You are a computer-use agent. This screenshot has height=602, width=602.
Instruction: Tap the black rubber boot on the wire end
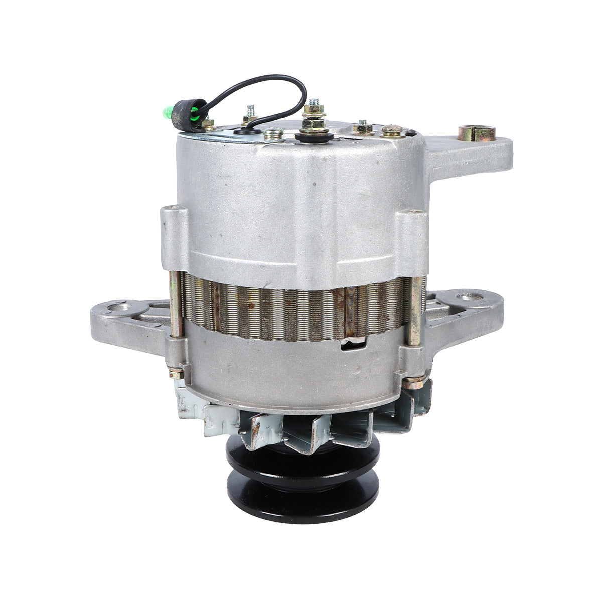click(x=184, y=115)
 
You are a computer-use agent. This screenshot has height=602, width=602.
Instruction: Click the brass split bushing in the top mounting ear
click(x=476, y=133)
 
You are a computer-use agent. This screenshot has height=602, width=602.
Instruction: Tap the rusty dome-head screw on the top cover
click(x=392, y=131)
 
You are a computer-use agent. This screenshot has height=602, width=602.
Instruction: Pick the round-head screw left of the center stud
click(x=273, y=133)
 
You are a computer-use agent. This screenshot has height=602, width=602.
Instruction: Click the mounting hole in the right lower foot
click(x=471, y=297)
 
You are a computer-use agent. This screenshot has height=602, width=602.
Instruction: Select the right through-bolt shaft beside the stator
click(x=415, y=311)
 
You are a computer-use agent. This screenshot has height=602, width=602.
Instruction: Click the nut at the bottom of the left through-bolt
click(x=176, y=373)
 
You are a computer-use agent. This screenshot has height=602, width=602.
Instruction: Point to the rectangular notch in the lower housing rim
click(x=354, y=344)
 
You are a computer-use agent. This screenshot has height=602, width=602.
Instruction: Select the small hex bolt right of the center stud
click(x=362, y=128)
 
